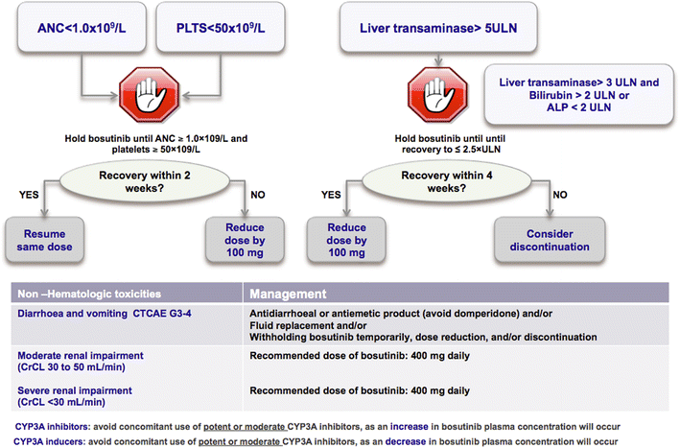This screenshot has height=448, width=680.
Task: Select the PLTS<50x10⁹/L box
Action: click(243, 35)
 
